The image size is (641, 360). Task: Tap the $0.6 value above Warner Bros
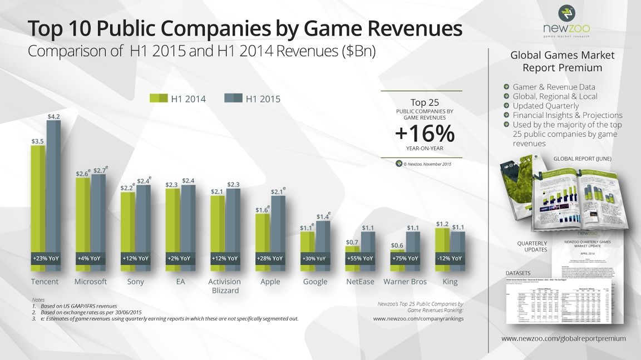[397, 245]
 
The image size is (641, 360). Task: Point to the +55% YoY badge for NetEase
[359, 259]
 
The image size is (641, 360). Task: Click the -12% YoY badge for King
[450, 259]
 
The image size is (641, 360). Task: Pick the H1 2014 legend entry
[179, 99]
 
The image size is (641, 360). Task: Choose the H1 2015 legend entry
[253, 99]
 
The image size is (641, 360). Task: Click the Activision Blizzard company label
[224, 285]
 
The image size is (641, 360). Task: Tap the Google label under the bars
[315, 282]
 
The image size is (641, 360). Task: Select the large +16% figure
[425, 134]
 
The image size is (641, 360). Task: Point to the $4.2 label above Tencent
[54, 116]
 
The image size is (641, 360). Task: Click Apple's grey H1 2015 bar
[278, 223]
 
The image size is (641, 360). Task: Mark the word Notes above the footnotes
[38, 299]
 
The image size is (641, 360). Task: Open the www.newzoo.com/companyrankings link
[418, 319]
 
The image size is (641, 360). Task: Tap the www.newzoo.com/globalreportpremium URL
[564, 338]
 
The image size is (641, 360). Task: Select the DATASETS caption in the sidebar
[519, 273]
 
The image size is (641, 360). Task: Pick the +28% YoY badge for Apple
[270, 259]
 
